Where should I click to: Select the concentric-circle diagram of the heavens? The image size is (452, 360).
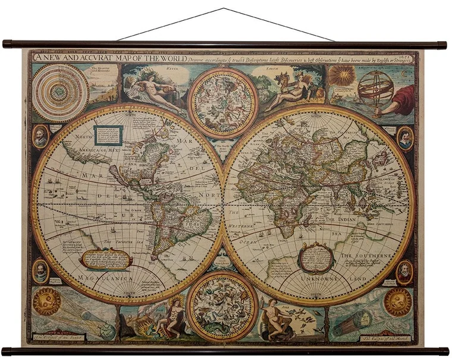tap(60, 92)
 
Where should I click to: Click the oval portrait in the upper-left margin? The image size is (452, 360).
tap(40, 136)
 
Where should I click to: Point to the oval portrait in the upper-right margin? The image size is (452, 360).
tap(404, 138)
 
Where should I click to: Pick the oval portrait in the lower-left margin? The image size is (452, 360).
tap(40, 271)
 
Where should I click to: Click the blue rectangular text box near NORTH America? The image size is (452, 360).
tap(108, 135)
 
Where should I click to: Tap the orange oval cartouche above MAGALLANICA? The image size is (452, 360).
tap(106, 258)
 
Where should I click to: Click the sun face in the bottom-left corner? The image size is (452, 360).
tap(47, 300)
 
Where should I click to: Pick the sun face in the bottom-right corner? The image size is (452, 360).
tap(398, 302)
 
